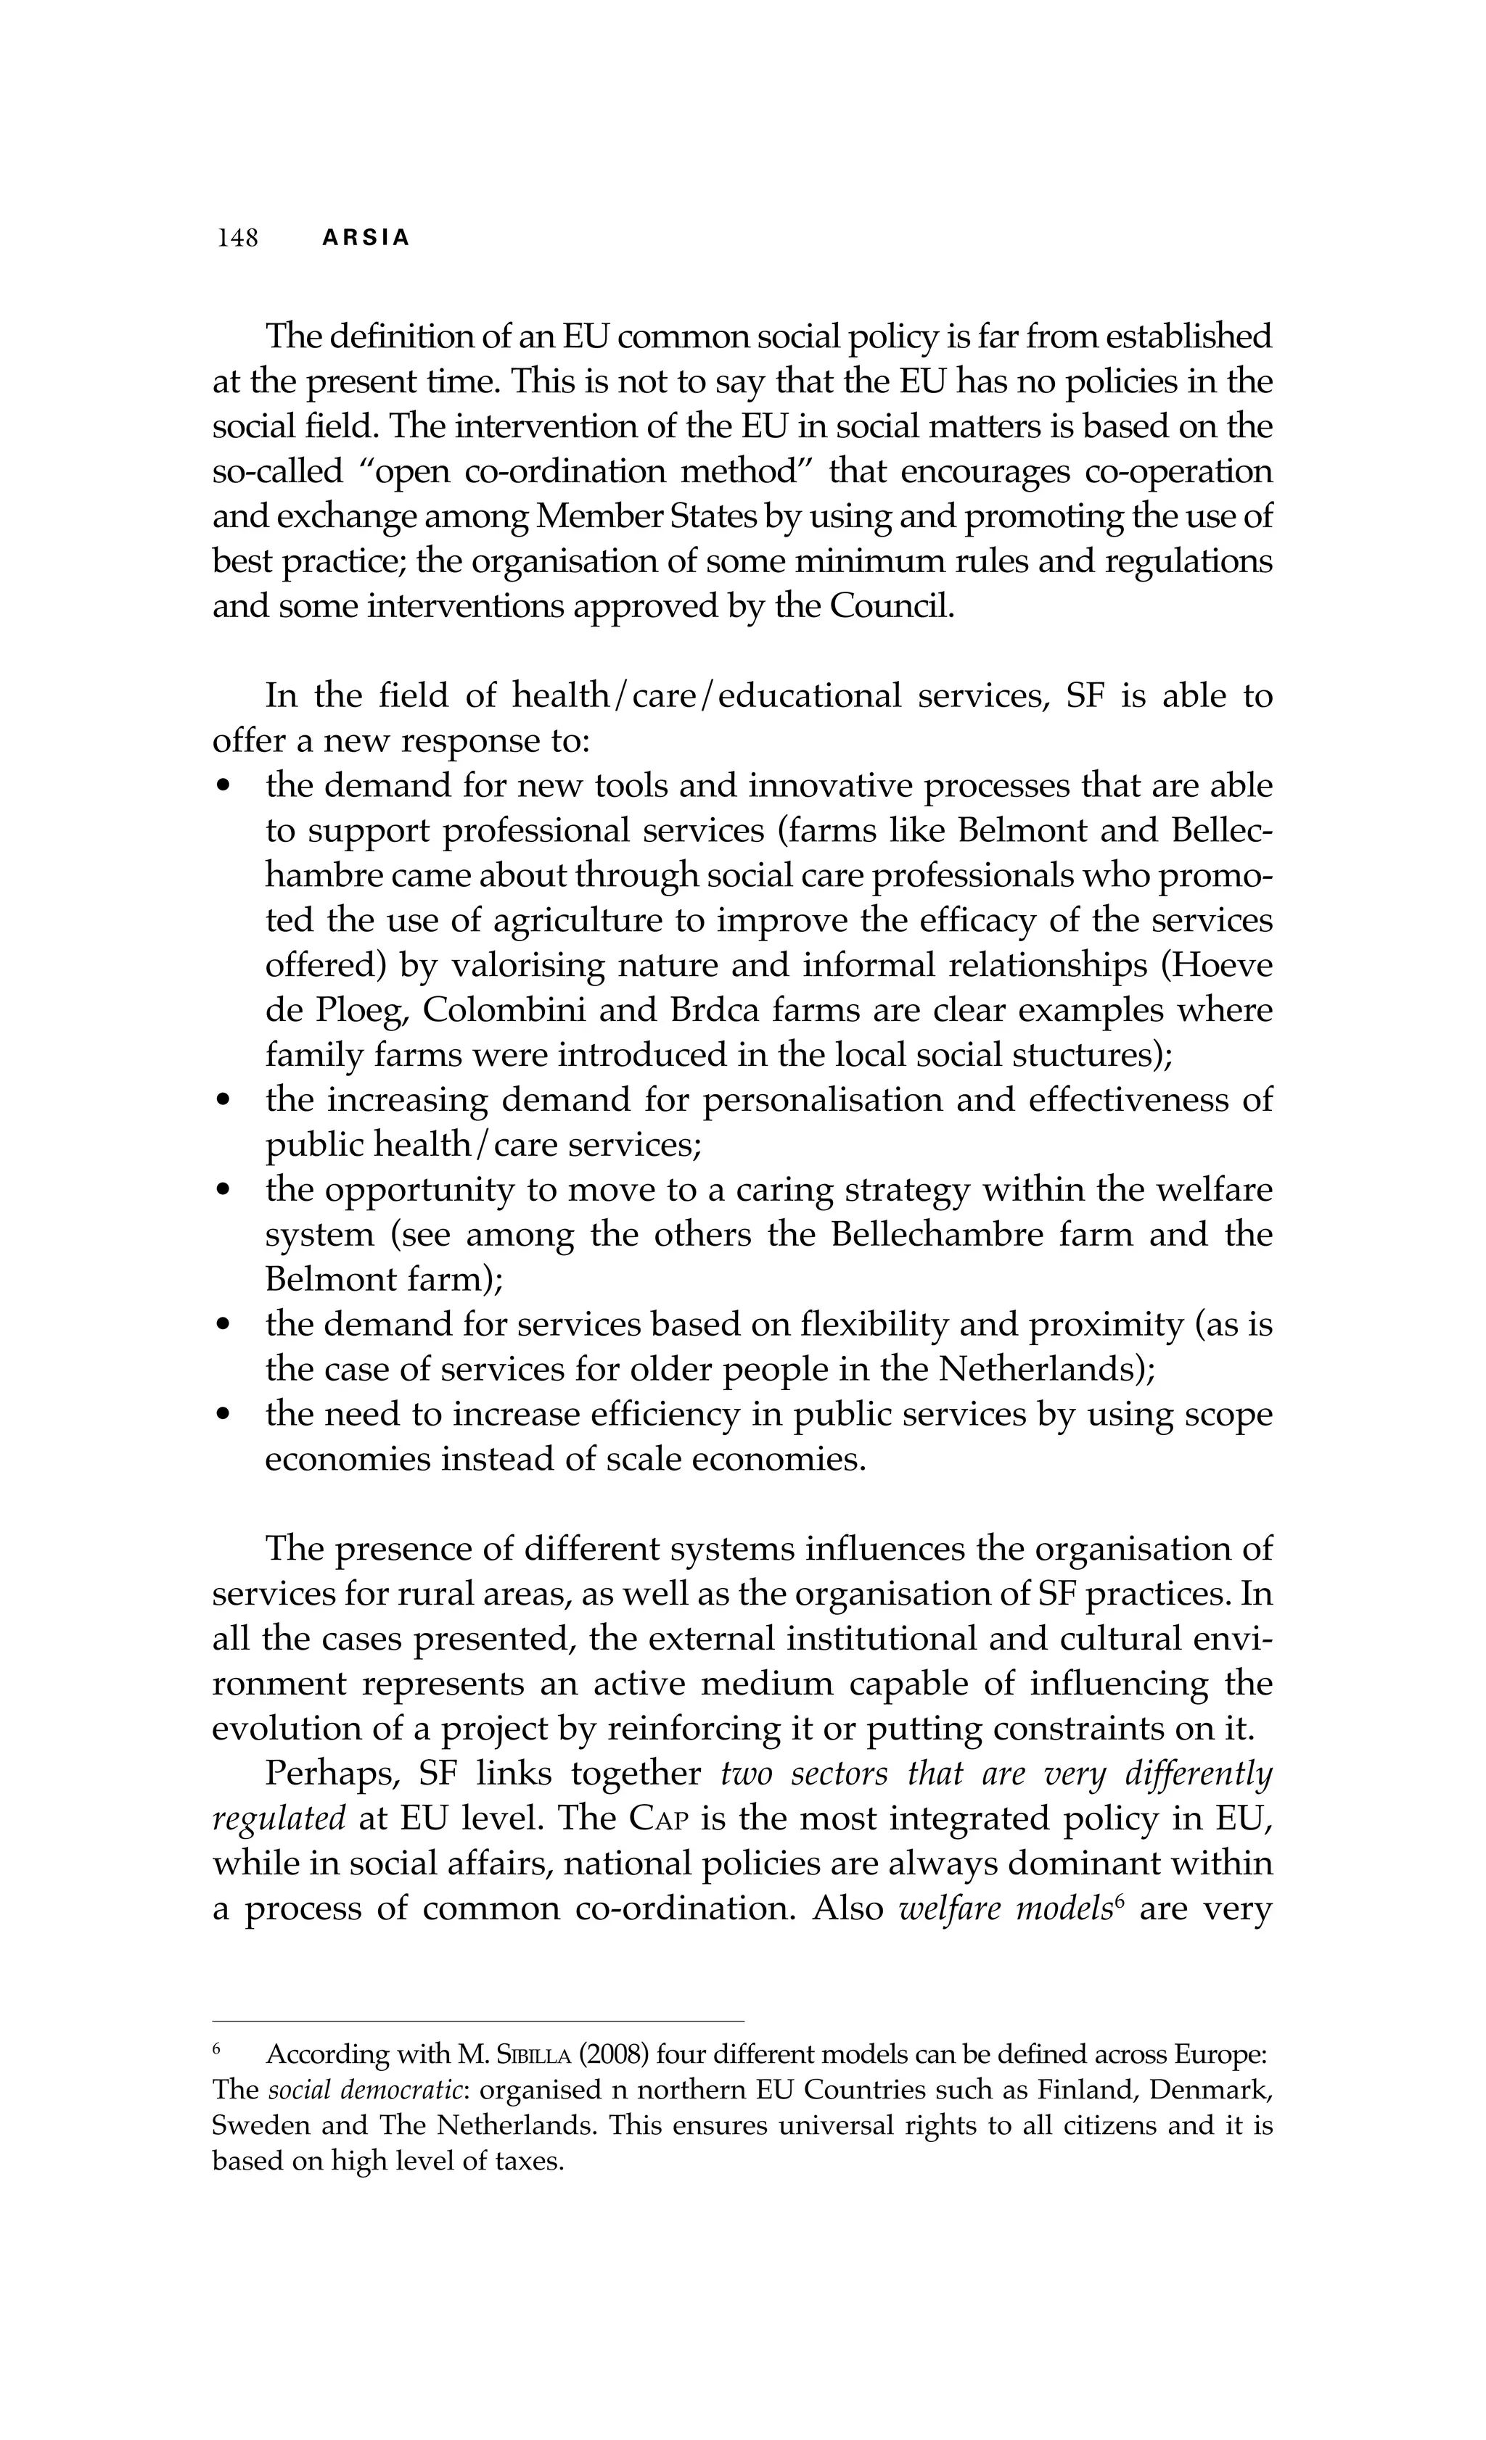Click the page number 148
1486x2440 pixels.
(x=238, y=238)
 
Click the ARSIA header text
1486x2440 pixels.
(x=366, y=239)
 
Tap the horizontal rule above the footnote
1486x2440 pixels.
(x=477, y=2021)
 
